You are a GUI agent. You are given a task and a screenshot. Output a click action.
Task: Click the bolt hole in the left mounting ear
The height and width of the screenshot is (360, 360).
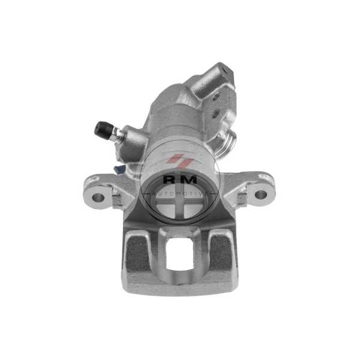tap(98, 197)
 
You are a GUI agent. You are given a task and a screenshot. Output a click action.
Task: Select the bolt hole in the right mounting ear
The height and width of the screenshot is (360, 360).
tap(261, 194)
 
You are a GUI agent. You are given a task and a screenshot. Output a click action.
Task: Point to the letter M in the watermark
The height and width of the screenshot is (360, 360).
tap(189, 179)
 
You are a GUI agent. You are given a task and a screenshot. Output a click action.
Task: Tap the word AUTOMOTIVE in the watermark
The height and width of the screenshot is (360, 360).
tap(179, 194)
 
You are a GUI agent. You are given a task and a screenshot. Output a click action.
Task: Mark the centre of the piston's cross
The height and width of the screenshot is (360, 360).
tap(180, 202)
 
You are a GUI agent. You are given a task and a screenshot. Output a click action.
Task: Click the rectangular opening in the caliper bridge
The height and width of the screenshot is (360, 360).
tap(179, 253)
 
